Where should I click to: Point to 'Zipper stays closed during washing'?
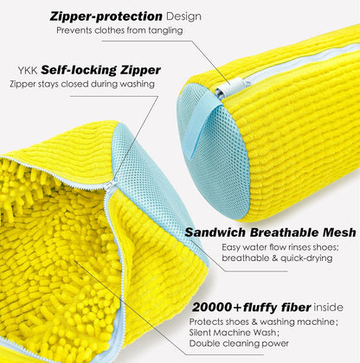pos(83,84)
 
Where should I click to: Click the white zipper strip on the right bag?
pos(286,61)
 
